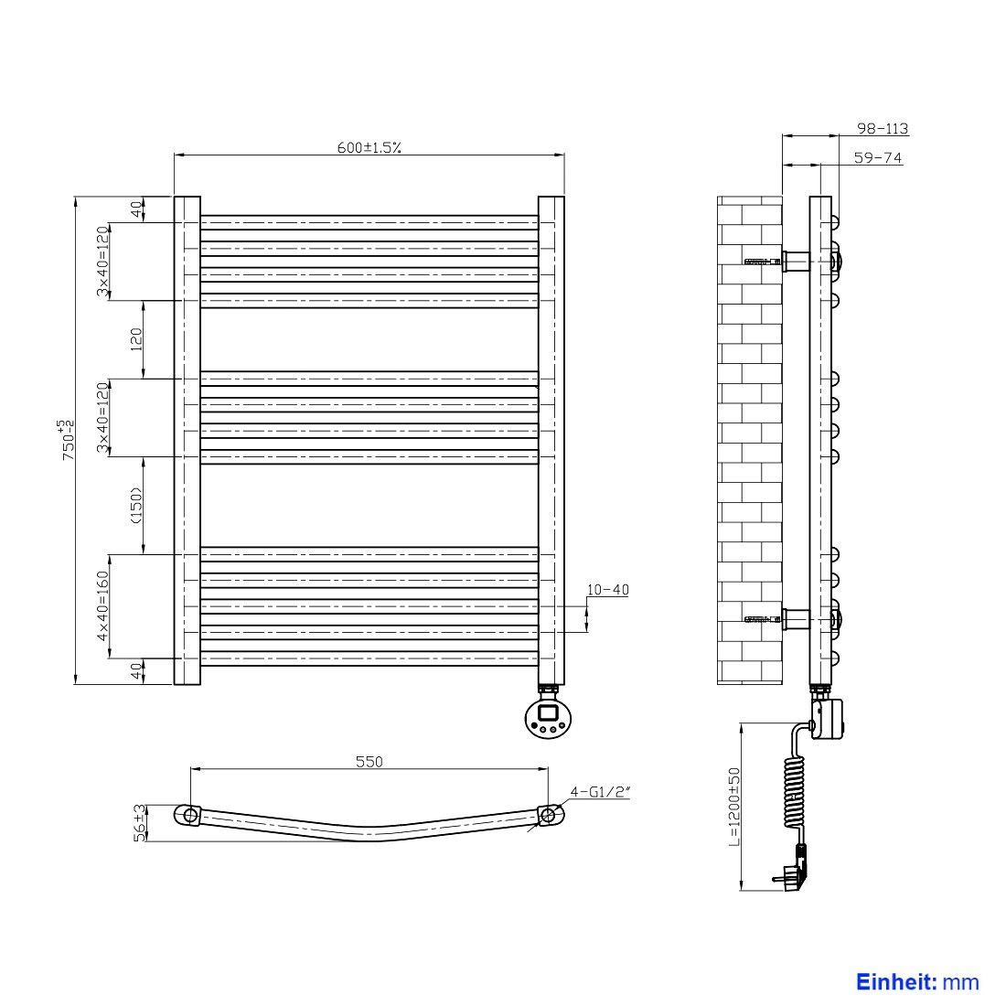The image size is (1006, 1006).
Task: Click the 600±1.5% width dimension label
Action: (369, 147)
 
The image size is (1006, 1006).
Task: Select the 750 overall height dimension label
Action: (68, 440)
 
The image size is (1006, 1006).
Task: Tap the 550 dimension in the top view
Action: (369, 761)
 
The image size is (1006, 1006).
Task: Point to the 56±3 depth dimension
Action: (139, 822)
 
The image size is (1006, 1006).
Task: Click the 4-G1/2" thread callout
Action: (600, 792)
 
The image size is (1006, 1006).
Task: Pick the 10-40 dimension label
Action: (607, 589)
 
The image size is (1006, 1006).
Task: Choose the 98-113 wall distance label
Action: (883, 128)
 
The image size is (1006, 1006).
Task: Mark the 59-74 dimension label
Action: (878, 157)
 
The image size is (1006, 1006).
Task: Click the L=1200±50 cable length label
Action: (734, 808)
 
